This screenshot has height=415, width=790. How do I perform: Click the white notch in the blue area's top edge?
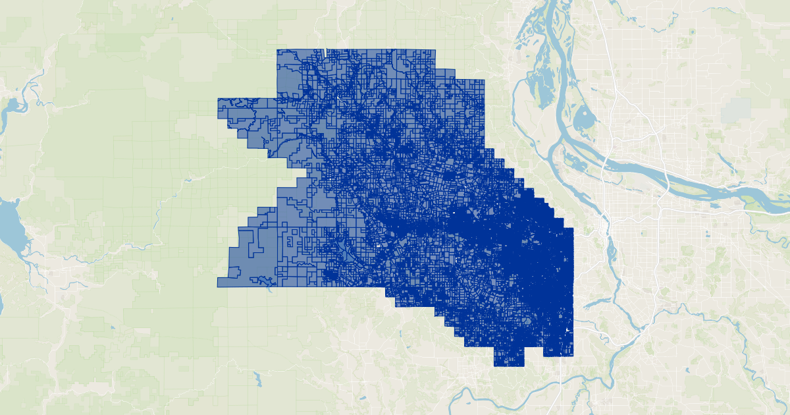[325, 52]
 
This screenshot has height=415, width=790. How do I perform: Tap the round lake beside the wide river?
[584, 120]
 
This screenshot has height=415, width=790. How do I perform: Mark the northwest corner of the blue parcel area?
[278, 51]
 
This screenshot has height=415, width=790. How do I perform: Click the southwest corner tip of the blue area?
[219, 286]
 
